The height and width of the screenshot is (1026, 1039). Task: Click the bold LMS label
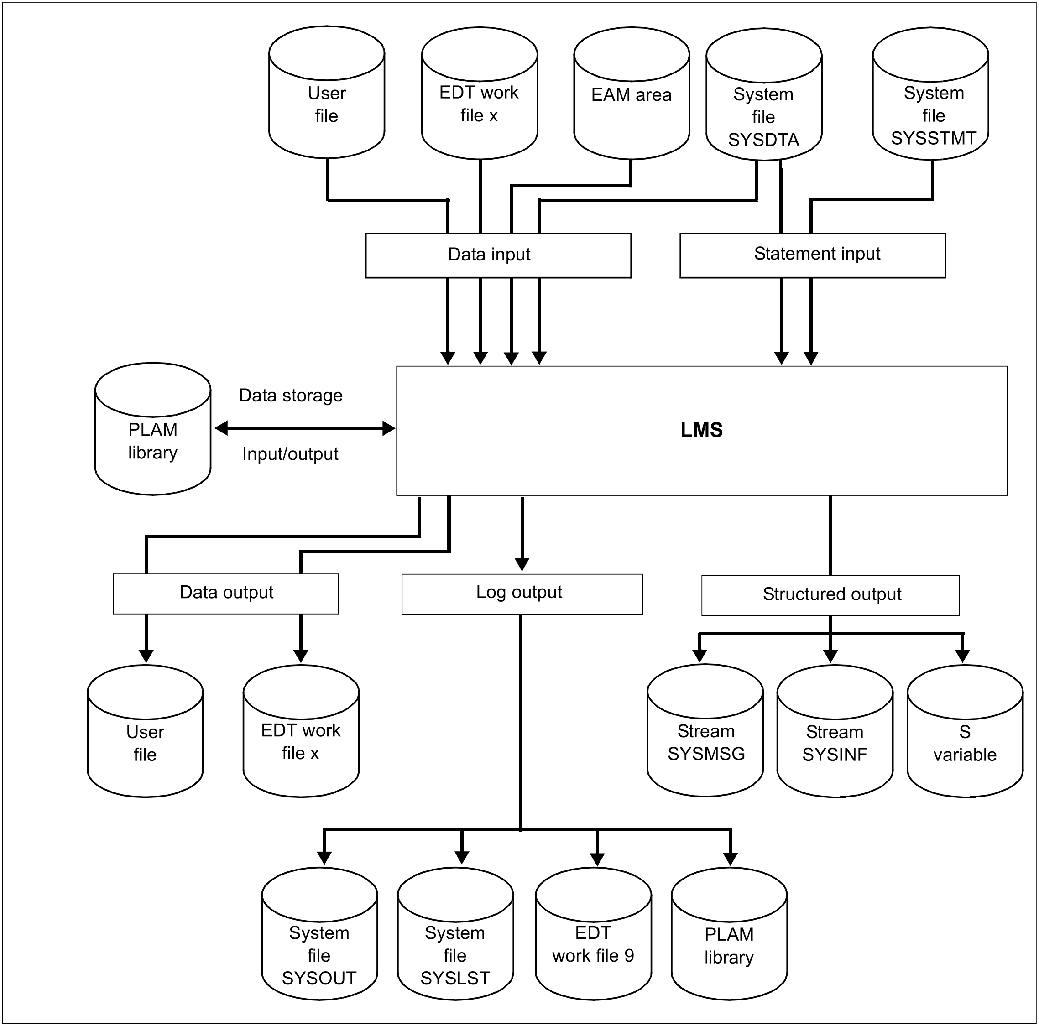701,430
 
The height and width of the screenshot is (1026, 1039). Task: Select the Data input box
498,255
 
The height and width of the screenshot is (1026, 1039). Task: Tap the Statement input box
813,255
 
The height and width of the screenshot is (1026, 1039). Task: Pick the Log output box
522,594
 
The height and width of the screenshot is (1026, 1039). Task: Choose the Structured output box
830,595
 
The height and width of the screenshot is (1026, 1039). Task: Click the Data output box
225,594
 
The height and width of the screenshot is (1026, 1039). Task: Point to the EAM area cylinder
632,93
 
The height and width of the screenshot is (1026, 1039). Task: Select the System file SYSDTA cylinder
764,94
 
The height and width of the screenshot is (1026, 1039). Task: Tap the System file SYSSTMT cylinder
930,93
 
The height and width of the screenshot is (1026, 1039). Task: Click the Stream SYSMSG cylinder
705,731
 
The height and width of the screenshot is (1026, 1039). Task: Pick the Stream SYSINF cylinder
835,731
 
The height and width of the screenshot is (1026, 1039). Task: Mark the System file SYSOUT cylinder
319,933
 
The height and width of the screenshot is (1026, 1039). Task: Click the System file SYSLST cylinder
455,933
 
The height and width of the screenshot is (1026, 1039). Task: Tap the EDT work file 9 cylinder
593,933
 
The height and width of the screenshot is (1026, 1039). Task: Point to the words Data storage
290,395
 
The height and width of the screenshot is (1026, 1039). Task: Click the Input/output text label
290,454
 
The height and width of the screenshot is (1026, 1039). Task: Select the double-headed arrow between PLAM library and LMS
305,428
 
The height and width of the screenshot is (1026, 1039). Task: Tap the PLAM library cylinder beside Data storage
153,428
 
